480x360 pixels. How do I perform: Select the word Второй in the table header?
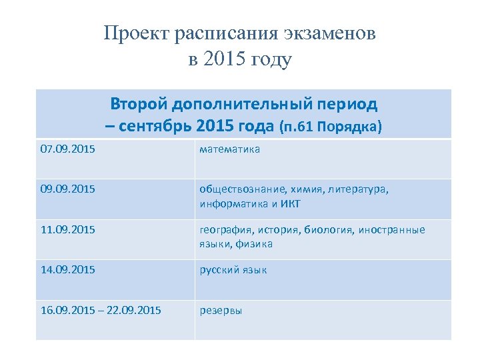point(139,105)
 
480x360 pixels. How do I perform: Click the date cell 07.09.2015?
point(67,149)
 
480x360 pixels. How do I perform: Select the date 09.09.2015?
point(67,189)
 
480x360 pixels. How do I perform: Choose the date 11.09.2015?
point(67,230)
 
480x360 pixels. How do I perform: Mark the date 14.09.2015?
point(67,270)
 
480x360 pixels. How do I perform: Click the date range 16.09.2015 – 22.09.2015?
point(101,311)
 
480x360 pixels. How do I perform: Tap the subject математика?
point(230,149)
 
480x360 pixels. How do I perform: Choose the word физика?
point(253,244)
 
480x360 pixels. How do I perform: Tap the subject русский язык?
point(233,270)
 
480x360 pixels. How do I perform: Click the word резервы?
point(221,311)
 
